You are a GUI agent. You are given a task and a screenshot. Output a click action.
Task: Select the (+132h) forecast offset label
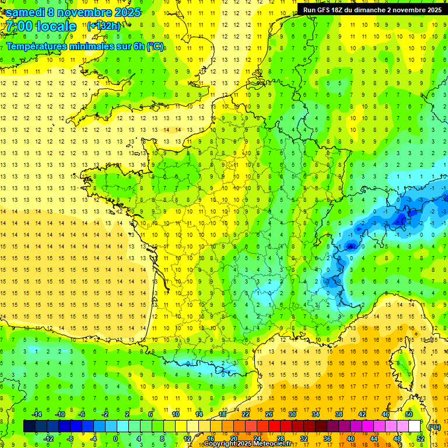click(104, 26)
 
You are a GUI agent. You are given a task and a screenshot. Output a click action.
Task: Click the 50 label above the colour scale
click(409, 414)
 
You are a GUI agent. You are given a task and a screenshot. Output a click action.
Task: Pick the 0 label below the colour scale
click(116, 439)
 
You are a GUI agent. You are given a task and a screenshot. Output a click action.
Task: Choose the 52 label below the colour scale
click(421, 439)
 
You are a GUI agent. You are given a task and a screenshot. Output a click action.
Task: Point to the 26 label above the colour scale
click(269, 414)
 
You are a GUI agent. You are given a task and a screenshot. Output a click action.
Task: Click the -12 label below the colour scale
click(48, 439)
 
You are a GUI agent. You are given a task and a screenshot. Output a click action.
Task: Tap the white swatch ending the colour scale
click(414, 426)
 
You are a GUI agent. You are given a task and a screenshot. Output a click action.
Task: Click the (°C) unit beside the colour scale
click(435, 426)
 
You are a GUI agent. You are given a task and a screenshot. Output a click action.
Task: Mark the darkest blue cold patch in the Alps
click(400, 219)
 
